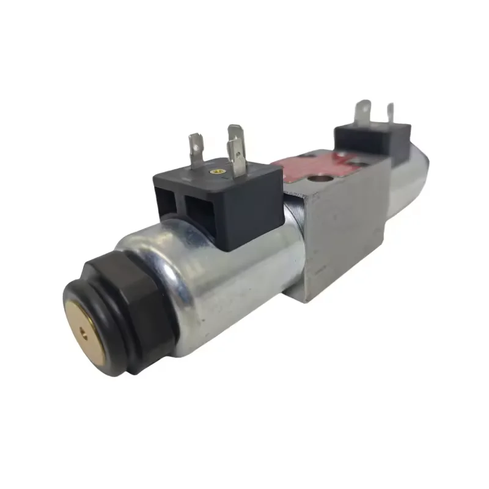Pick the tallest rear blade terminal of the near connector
[x=235, y=138]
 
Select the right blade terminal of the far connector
[x=390, y=116]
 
